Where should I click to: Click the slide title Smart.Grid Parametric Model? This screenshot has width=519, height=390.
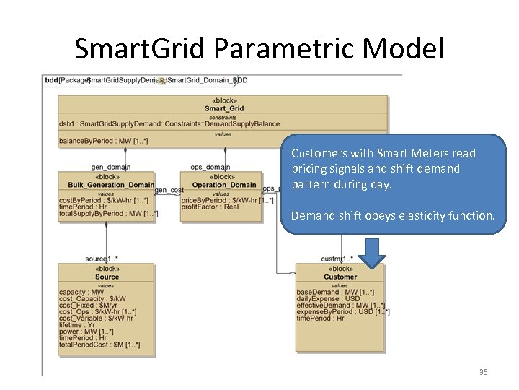[x=259, y=48]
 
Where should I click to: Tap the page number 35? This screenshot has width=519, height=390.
[x=484, y=372]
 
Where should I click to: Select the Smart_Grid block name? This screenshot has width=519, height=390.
[x=224, y=109]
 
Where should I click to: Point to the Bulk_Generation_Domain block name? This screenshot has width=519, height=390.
[x=107, y=185]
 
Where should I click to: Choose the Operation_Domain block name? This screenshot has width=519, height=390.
[x=225, y=185]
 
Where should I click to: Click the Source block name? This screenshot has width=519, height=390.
[x=107, y=277]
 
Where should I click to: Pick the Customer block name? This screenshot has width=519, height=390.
[x=340, y=277]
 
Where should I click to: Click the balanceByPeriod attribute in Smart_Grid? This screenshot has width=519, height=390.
[x=104, y=141]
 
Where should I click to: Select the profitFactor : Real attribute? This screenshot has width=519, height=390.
[x=210, y=207]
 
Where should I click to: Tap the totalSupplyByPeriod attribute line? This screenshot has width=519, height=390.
[x=108, y=214]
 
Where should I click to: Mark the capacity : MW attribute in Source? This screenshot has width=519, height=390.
[x=81, y=292]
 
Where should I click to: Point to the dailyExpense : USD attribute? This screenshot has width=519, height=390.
[x=328, y=299]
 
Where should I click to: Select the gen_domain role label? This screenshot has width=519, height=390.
[x=111, y=167]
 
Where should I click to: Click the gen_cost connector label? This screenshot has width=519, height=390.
[x=169, y=190]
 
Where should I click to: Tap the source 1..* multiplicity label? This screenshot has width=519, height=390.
[x=101, y=259]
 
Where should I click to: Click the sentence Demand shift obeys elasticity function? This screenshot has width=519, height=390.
[x=393, y=215]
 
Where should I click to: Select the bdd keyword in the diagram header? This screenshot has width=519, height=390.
[x=50, y=80]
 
